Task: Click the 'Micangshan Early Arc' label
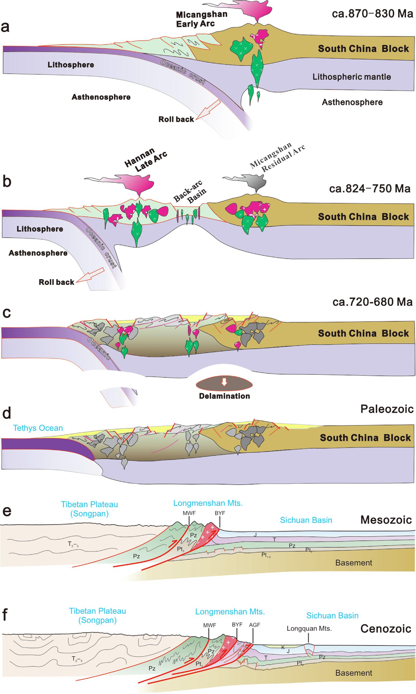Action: (x=201, y=19)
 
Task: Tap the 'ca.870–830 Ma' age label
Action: (x=372, y=13)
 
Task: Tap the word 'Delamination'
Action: (x=224, y=396)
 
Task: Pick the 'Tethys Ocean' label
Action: (x=38, y=428)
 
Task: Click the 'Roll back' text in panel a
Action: (x=176, y=119)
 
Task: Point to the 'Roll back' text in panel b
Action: (x=56, y=282)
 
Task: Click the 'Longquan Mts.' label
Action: (x=309, y=628)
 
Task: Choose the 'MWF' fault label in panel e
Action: (x=189, y=513)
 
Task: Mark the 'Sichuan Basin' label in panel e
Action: (x=306, y=520)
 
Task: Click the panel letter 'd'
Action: (x=7, y=413)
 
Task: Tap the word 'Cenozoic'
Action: (x=385, y=629)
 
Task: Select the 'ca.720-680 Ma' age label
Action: (x=372, y=302)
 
